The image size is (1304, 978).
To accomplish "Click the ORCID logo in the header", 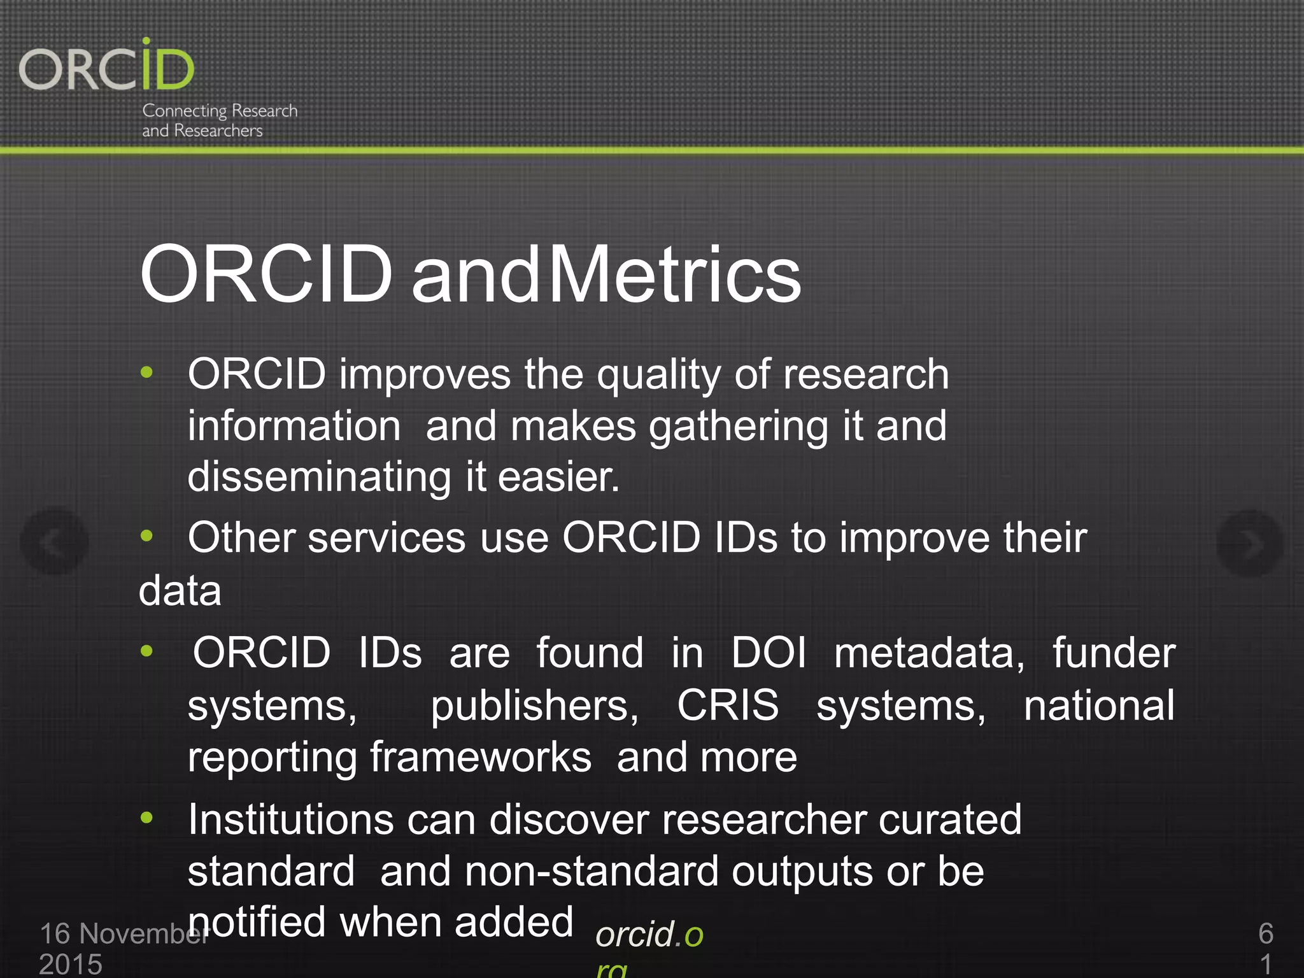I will (106, 67).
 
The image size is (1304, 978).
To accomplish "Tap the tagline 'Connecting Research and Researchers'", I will (219, 120).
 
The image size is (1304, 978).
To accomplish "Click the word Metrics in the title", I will (674, 275).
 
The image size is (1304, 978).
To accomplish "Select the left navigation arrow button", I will (54, 542).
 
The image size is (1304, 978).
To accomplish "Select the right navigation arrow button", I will (1249, 543).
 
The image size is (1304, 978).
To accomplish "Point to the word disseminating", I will (319, 478).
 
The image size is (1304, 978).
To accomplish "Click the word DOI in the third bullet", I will (769, 653).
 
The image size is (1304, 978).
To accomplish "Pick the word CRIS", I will (727, 705).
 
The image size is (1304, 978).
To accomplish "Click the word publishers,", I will (534, 707).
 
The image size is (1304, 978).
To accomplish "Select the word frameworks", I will (481, 758).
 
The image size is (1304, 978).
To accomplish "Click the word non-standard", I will (592, 872).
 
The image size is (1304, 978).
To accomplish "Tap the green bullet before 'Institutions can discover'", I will (147, 818).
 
